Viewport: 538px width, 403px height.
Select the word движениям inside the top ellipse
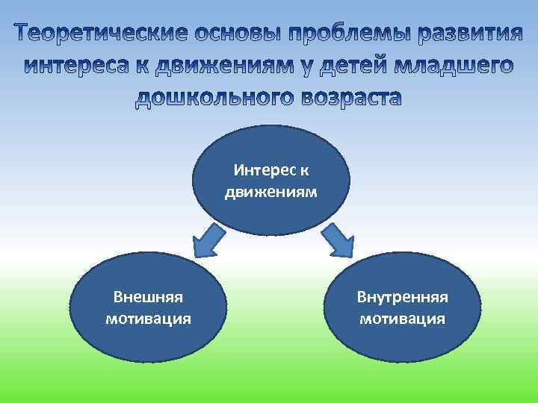[270, 192]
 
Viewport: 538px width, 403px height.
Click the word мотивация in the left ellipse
[148, 319]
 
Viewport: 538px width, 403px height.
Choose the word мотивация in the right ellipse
[402, 319]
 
